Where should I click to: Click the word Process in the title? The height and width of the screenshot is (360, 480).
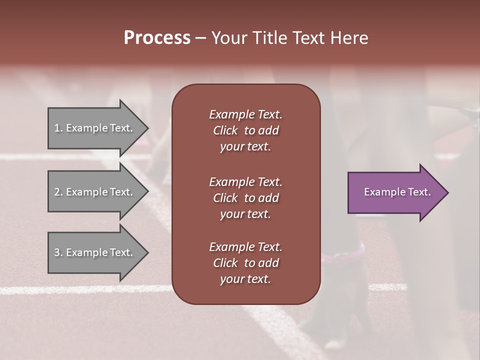click(x=157, y=38)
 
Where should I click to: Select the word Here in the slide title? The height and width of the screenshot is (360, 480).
click(x=349, y=38)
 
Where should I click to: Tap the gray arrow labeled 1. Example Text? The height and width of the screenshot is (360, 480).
click(x=95, y=128)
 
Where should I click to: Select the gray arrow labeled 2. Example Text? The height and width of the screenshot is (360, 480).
click(x=95, y=192)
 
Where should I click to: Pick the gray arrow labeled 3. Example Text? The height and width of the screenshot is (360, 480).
click(x=95, y=252)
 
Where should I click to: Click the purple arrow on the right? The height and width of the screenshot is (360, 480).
click(x=395, y=192)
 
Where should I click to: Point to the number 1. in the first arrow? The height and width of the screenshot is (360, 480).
click(x=58, y=128)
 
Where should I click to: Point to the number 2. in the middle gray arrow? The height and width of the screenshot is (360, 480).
click(x=58, y=192)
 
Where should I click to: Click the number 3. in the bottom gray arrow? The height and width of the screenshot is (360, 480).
click(x=58, y=252)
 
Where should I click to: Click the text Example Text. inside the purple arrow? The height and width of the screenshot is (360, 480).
click(x=397, y=192)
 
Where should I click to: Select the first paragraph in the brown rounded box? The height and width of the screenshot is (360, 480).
click(x=245, y=130)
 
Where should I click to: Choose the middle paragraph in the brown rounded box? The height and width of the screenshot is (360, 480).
click(x=245, y=198)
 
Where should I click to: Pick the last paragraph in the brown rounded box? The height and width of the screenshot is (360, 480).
click(x=245, y=263)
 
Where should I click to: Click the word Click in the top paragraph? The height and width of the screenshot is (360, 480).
click(x=225, y=130)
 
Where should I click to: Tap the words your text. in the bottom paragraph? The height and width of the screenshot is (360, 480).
click(x=245, y=279)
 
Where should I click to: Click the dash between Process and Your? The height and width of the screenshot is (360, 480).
click(x=200, y=38)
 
